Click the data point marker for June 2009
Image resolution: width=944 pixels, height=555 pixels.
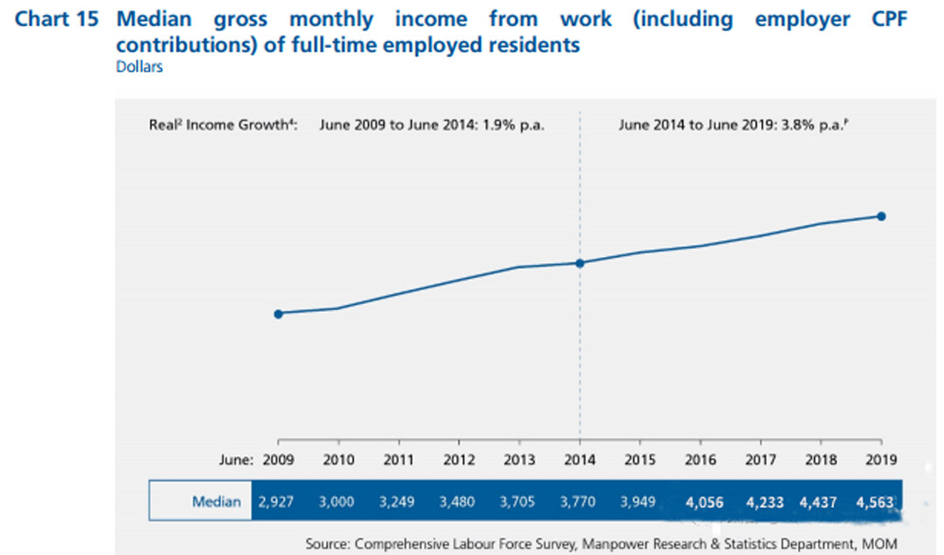point(278,314)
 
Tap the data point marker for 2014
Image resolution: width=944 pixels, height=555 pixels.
point(580,263)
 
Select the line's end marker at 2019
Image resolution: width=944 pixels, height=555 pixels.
point(881,216)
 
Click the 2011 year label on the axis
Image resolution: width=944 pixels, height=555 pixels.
point(399,459)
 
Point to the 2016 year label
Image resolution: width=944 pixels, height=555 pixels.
point(700,459)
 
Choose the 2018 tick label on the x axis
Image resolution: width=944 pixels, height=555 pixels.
point(821,459)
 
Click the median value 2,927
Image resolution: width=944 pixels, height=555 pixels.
point(277,503)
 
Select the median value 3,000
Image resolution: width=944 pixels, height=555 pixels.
point(338,503)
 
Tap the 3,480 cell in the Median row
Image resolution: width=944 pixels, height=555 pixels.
point(459,503)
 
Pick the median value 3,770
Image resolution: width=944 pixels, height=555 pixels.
point(580,503)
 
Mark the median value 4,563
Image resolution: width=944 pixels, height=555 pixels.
point(875,503)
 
